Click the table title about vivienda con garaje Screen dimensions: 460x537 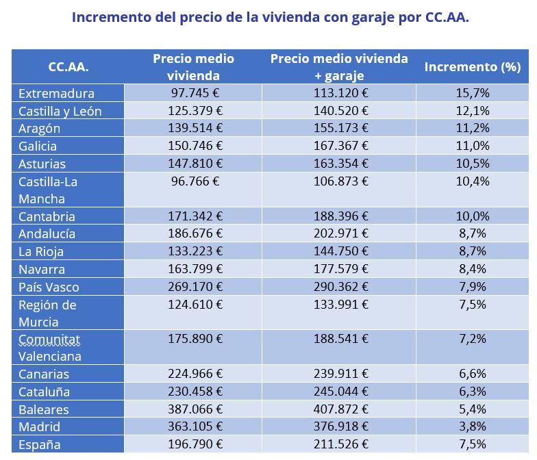270,18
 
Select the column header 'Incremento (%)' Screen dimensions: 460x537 472,67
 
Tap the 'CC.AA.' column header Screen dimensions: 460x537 68,67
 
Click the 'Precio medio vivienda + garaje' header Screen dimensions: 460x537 338,67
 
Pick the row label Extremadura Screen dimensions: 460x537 56,94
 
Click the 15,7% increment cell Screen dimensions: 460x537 472,93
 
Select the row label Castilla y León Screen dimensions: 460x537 60,111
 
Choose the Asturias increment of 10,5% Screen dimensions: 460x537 472,164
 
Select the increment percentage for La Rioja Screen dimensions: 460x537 472,251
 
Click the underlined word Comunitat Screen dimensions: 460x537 49,339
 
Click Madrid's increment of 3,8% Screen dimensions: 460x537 472,427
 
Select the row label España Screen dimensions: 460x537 40,445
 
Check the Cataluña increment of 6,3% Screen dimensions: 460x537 472,392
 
